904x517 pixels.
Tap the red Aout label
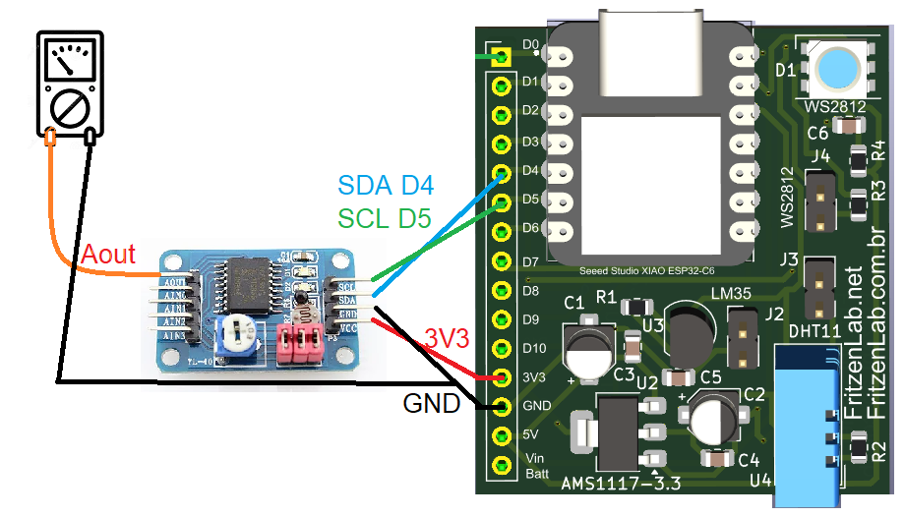(108, 255)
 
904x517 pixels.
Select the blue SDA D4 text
(386, 185)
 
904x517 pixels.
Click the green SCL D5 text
(385, 217)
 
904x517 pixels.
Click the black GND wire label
(432, 403)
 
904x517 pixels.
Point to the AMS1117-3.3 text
(621, 483)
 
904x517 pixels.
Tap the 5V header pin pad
(502, 434)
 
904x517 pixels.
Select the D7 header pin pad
(502, 260)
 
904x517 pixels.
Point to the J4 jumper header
(820, 202)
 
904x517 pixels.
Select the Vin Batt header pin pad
(502, 464)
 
